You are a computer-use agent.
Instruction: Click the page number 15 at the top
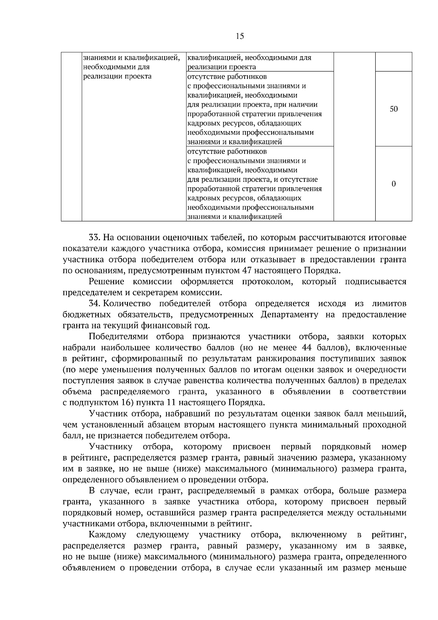(x=240, y=36)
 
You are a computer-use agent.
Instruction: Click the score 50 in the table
(x=393, y=109)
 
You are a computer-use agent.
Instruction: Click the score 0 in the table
(x=393, y=184)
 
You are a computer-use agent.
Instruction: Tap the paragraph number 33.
(x=94, y=238)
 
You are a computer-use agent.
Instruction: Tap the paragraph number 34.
(x=94, y=303)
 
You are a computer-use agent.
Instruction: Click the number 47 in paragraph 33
(x=246, y=271)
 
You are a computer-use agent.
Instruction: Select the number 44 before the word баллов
(x=307, y=347)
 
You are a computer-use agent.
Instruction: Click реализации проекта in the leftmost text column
(x=118, y=76)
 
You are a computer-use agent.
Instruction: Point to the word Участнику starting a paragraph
(x=111, y=447)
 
